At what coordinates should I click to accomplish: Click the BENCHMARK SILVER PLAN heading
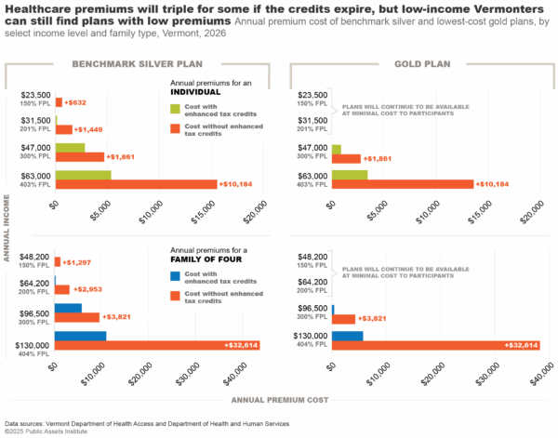coord(137,64)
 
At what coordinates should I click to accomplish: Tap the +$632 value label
coord(74,102)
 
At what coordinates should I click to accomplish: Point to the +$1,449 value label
coord(88,128)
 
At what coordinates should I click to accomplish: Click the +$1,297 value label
coord(77,262)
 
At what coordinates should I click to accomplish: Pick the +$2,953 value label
coord(86,289)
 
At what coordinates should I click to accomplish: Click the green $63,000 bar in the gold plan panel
coord(350,174)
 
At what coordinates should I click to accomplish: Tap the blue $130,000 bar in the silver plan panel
coord(81,336)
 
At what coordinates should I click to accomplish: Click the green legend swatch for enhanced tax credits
coord(176,110)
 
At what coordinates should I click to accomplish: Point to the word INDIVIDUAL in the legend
coord(195,92)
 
